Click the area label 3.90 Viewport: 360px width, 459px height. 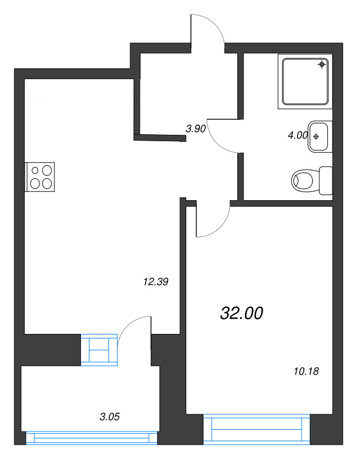click(195, 129)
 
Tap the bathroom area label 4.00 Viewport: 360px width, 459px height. click(298, 135)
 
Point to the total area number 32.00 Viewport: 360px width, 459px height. click(241, 313)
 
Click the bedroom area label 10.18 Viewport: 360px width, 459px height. click(305, 371)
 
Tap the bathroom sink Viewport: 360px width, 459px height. click(319, 137)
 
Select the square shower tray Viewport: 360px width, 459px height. click(306, 80)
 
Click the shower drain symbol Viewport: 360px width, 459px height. click(322, 65)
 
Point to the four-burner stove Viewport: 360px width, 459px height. click(40, 177)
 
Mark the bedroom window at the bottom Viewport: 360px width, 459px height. click(256, 431)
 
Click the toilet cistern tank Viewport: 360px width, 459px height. click(326, 180)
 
